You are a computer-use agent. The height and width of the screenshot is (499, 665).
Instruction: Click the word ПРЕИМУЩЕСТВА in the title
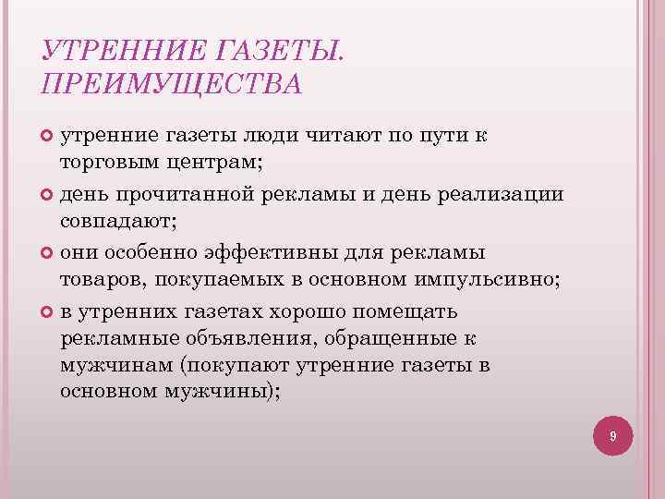172,83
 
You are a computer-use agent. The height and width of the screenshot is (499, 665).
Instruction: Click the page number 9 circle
613,434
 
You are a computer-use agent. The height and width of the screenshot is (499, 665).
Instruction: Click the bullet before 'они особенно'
48,252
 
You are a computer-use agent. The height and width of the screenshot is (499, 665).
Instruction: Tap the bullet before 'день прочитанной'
48,195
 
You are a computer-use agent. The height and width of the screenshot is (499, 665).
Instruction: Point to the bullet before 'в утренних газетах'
48,310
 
